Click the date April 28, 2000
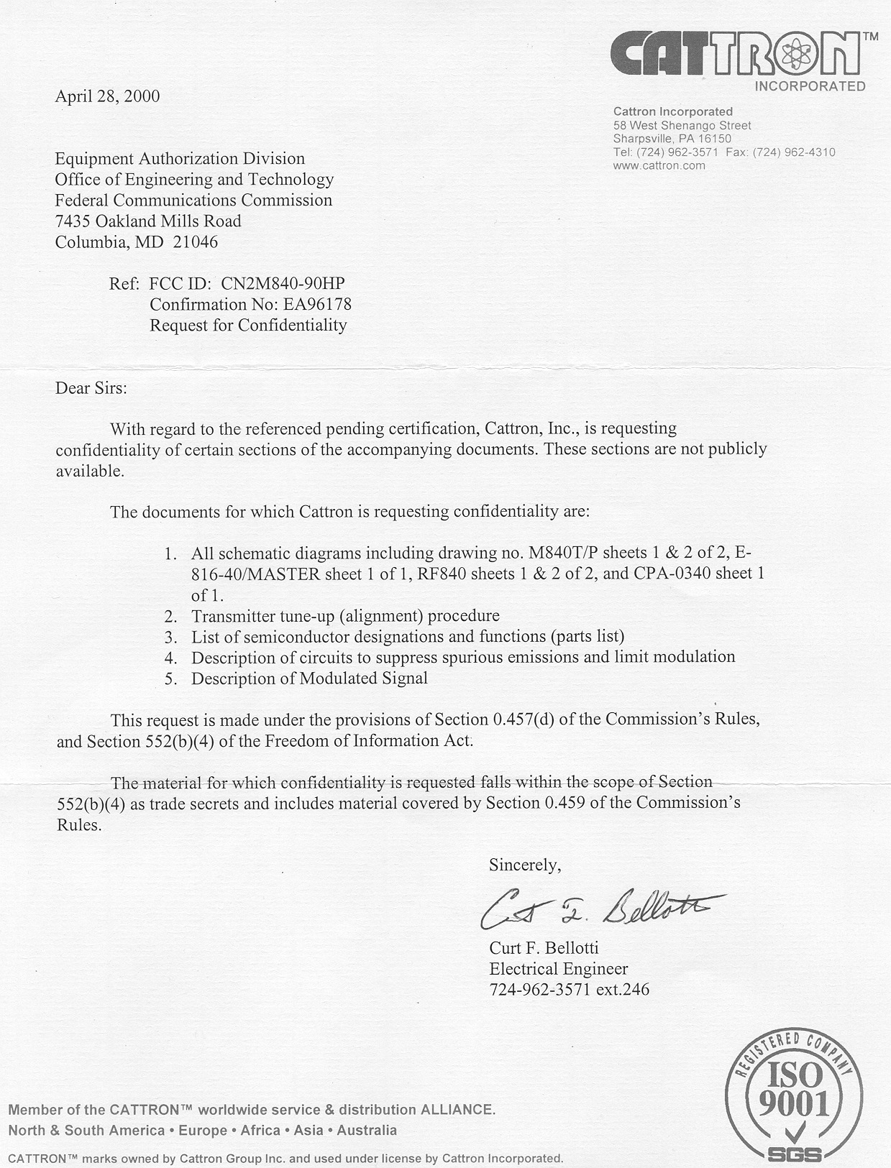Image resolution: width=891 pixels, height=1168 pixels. point(107,96)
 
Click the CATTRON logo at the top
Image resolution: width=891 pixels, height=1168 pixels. point(737,56)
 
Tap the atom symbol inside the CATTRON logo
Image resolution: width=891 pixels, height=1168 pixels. point(793,54)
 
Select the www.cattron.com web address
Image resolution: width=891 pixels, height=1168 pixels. point(659,165)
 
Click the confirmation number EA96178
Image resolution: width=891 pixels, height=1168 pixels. point(317,304)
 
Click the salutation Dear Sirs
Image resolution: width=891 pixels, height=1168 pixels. point(91,388)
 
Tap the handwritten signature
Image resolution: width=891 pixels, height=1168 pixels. point(600,910)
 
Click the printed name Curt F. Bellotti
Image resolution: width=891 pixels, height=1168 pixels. point(544,947)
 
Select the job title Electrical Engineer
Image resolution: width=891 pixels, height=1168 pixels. point(559,968)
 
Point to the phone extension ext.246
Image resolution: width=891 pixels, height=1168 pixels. point(622,989)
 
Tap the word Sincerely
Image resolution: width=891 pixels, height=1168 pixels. point(524,865)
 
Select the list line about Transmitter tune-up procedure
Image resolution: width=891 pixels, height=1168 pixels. point(345,616)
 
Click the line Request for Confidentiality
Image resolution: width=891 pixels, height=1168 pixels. point(248,325)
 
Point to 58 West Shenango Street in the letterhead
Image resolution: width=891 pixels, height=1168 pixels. point(682,125)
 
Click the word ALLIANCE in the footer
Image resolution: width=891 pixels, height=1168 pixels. point(457,1109)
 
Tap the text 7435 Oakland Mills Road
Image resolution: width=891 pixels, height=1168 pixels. point(148,221)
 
